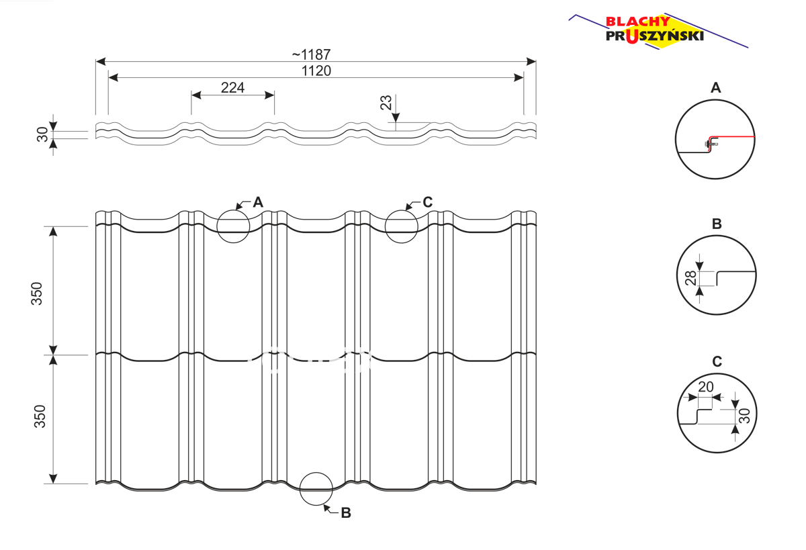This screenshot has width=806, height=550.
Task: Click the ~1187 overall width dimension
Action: click(311, 54)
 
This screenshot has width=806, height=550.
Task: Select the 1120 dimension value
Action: click(316, 71)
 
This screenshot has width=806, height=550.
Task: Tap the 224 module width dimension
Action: click(232, 88)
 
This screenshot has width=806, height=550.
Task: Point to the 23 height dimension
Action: click(386, 103)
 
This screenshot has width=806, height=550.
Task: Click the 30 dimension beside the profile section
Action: click(42, 134)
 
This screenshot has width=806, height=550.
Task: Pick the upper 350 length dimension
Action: click(37, 294)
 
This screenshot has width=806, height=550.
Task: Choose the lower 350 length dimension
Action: click(40, 416)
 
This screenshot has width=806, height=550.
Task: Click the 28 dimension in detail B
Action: click(690, 278)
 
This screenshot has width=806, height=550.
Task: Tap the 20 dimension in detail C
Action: click(706, 387)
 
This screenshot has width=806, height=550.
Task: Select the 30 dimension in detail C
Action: click(744, 416)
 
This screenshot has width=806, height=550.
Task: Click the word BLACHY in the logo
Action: click(637, 21)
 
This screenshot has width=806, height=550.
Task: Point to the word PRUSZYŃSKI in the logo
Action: click(654, 36)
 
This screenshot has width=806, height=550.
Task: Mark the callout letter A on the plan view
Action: click(258, 203)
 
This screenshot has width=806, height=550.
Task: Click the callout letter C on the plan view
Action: click(427, 202)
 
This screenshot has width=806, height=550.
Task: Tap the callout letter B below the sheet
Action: click(346, 513)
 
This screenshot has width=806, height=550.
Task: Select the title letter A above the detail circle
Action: click(716, 88)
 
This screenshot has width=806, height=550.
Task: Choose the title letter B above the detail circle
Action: click(717, 224)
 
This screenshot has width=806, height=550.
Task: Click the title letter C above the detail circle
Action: click(717, 361)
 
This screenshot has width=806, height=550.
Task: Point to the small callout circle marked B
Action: click(300, 489)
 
